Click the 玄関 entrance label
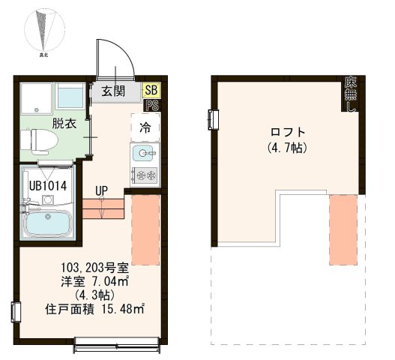[x=113, y=91]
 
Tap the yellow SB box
[x=151, y=90]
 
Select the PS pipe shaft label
[x=151, y=105]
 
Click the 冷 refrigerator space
[x=145, y=127]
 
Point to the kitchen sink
[x=143, y=154]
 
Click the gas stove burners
[x=144, y=175]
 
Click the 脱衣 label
[x=63, y=124]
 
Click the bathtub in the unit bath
[x=46, y=223]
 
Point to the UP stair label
[x=102, y=190]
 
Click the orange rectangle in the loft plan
[x=344, y=229]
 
